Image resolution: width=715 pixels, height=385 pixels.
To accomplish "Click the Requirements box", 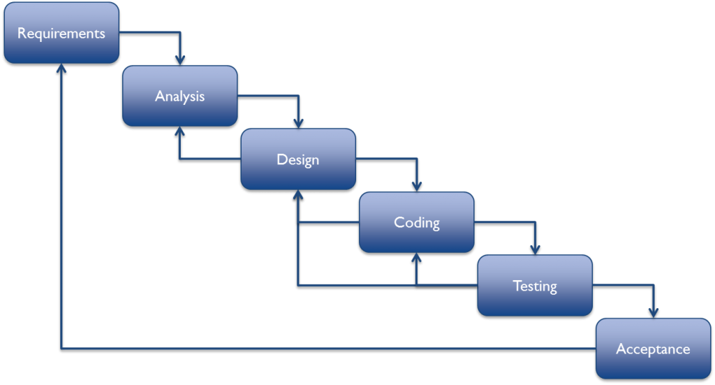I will coord(61,33).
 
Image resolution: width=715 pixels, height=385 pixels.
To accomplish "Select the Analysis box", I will coord(180,96).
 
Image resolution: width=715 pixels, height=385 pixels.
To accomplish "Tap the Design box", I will coord(298,159).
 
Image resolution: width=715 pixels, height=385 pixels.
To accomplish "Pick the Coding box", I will coord(417,222).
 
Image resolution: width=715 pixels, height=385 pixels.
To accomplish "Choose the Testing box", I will coord(535,285).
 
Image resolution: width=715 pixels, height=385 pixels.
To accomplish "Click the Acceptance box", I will coord(653,348).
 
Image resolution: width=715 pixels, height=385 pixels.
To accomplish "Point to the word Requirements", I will coord(61,34).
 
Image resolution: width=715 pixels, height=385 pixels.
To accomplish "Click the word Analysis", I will coord(180,96).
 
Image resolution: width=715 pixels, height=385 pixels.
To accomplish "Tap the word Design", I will coord(298,159).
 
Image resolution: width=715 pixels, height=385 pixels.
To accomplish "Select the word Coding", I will coord(417,223).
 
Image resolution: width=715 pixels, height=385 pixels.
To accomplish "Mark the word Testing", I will coord(535,286).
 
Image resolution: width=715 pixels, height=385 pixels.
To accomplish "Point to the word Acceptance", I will coord(653,349).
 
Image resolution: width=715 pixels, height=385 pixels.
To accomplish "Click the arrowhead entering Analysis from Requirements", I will coord(180,60).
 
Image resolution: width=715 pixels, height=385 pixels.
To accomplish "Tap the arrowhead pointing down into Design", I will coord(298,123).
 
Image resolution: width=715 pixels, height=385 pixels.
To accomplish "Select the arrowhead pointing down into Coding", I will coord(417,186).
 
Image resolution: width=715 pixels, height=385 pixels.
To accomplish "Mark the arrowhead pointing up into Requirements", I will coord(61,69).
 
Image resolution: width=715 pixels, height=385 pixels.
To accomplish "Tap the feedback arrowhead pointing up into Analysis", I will coord(180,132).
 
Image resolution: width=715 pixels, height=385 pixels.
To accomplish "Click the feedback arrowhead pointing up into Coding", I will coord(417,259).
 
